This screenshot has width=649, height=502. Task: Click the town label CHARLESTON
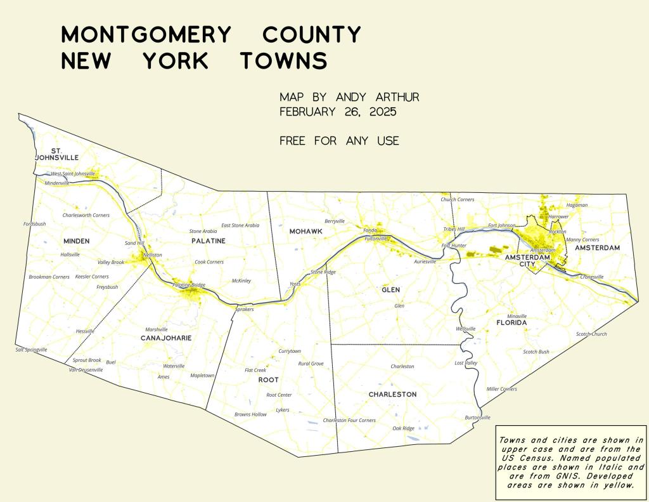tap(392, 394)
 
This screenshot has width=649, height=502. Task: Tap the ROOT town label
tap(268, 380)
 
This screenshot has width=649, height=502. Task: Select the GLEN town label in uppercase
tap(391, 289)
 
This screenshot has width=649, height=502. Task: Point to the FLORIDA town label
tap(511, 323)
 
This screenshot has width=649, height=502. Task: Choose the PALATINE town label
tap(209, 241)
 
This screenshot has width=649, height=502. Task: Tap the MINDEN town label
tap(77, 241)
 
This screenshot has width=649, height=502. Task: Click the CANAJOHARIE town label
tap(166, 338)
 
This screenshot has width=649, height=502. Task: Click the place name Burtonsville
tap(478, 418)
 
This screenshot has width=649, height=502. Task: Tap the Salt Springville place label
tap(32, 350)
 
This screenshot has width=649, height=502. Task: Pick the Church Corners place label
tap(458, 199)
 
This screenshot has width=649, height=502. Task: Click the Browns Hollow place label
tap(250, 414)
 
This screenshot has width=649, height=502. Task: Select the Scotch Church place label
tap(591, 334)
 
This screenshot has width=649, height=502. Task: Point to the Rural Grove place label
tap(311, 364)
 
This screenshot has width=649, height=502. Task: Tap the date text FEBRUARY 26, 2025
tap(338, 112)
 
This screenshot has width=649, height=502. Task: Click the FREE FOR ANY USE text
tap(339, 141)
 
